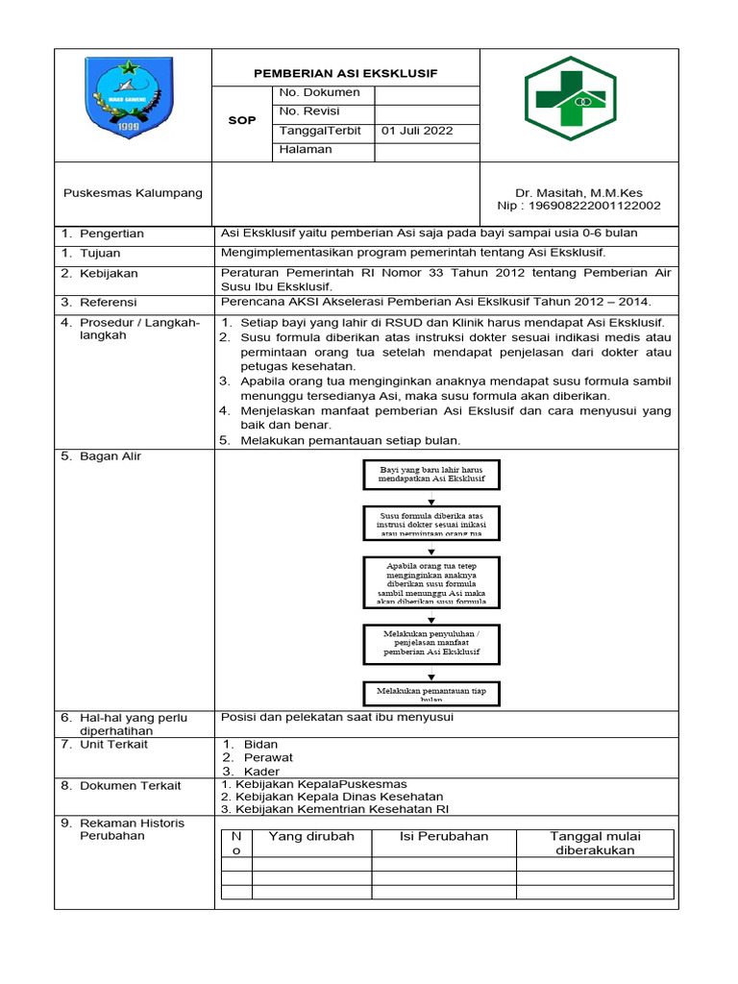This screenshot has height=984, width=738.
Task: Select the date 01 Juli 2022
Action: click(x=417, y=131)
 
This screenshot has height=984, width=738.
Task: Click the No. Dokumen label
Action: click(x=319, y=92)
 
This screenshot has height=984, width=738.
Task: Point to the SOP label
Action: click(x=241, y=121)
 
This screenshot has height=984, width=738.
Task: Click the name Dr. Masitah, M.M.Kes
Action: click(x=578, y=192)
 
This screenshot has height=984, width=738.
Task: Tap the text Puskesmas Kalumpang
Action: click(x=133, y=192)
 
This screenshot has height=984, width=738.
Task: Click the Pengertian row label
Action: click(x=111, y=234)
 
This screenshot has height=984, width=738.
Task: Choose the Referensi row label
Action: click(x=109, y=302)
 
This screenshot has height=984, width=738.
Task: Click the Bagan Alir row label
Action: click(x=110, y=456)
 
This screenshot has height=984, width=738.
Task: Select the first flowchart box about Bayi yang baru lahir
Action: click(x=431, y=474)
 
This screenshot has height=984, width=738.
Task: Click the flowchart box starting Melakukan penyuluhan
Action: click(x=431, y=643)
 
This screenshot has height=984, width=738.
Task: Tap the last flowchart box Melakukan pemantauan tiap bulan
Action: click(x=431, y=693)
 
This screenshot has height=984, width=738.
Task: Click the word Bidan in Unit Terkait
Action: click(x=260, y=744)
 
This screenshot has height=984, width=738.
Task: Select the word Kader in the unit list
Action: click(x=261, y=771)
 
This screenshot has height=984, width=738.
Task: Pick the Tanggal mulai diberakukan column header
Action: click(x=594, y=843)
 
